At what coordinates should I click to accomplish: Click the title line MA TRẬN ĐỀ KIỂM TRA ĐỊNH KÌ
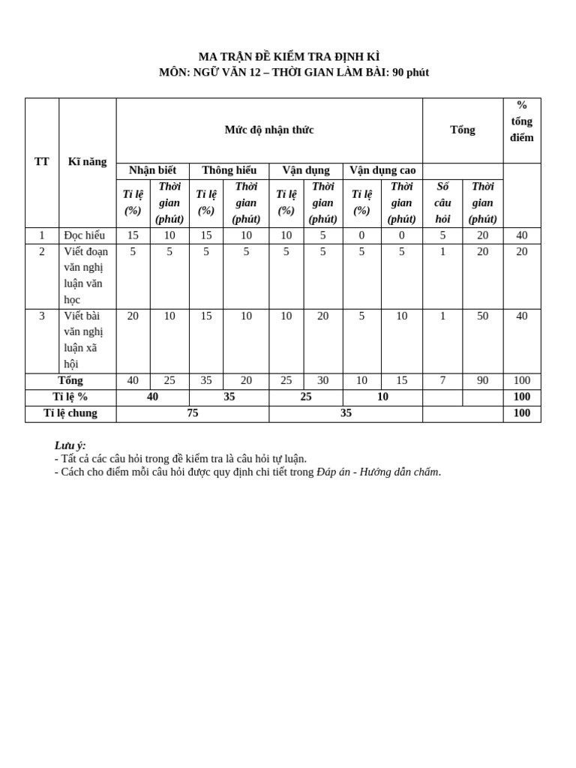tap(289, 57)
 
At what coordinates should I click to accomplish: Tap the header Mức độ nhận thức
tap(269, 130)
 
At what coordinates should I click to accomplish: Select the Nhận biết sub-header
tap(152, 170)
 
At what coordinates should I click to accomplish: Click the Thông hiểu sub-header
tap(229, 170)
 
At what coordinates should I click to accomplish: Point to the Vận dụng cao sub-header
tap(382, 170)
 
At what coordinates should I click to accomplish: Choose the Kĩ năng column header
tap(87, 161)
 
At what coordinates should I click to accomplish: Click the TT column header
tap(42, 161)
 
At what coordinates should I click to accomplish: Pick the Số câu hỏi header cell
tap(442, 202)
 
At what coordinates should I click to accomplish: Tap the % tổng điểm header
tap(522, 121)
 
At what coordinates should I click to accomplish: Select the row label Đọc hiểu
tap(85, 235)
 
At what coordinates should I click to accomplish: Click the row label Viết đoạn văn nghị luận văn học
tap(86, 275)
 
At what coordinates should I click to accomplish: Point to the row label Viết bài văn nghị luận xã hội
tap(84, 340)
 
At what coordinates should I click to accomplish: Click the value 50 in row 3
tap(483, 316)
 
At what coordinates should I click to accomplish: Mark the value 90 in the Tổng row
tap(483, 381)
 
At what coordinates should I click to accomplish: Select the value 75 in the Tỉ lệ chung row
tap(193, 413)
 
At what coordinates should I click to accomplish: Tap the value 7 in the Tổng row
tap(442, 381)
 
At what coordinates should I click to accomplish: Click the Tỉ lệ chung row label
tap(70, 413)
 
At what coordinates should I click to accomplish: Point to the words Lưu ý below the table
tap(70, 445)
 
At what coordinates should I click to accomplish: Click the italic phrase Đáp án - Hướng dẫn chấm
tap(378, 472)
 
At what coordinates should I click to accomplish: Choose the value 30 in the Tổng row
tap(323, 381)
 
